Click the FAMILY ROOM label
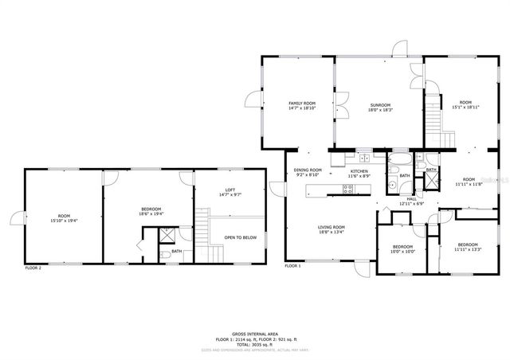click(302, 104)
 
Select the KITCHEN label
click(359, 171)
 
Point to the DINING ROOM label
click(308, 170)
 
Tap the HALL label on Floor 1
click(411, 199)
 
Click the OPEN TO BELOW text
click(240, 237)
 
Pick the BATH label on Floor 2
click(176, 252)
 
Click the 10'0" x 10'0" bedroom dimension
click(402, 252)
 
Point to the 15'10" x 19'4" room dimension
click(64, 220)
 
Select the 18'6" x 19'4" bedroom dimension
click(151, 213)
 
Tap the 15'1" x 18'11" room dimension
click(465, 107)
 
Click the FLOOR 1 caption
click(293, 266)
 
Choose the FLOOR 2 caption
click(33, 268)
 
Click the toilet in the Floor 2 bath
click(164, 254)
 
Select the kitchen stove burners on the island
click(348, 189)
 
